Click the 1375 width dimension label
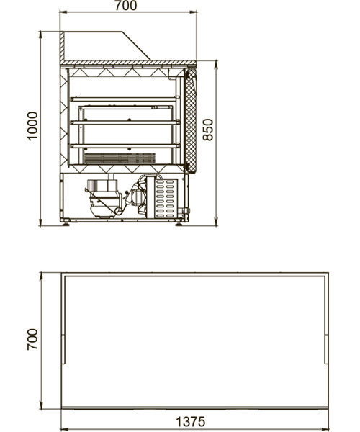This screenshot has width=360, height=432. point(190,422)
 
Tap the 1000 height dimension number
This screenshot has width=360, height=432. point(32,126)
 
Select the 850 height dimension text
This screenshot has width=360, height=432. point(208,130)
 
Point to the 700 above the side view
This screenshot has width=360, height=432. point(125,6)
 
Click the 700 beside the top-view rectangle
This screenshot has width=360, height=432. point(32,339)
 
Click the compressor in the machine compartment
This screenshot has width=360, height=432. point(104,198)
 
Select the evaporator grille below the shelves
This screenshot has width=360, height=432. point(120,158)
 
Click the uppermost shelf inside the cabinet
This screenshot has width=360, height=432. point(125,99)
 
